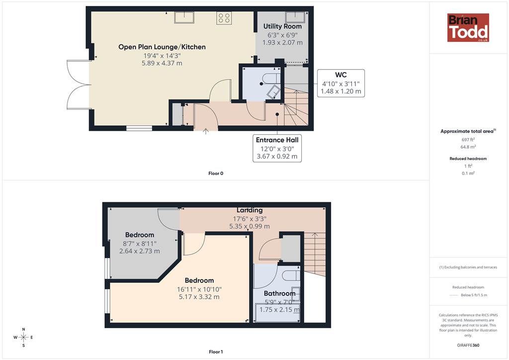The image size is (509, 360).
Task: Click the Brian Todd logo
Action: click(x=468, y=27)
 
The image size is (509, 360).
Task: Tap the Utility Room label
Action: click(x=282, y=26)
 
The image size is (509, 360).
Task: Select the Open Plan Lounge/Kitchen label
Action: click(x=162, y=47)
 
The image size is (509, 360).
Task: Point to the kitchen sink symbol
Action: click(x=184, y=17)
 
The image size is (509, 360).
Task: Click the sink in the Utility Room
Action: click(x=295, y=16)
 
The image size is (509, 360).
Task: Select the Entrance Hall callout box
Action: click(x=277, y=148)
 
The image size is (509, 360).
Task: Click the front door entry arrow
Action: click(x=205, y=131)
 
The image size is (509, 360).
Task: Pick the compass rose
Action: click(x=23, y=338)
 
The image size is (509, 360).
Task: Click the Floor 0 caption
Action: click(x=216, y=174)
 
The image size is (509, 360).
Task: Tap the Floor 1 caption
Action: click(x=216, y=352)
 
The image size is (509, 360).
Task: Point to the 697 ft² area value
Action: click(x=468, y=140)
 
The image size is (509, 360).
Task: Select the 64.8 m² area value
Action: click(x=468, y=147)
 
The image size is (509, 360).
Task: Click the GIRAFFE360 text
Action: click(x=468, y=345)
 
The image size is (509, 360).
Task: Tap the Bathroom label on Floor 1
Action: click(x=279, y=293)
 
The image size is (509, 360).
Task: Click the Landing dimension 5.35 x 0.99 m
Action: click(x=250, y=226)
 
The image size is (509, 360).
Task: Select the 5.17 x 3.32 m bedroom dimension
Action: click(x=199, y=297)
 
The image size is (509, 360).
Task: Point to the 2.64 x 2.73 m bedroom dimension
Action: click(x=140, y=251)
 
